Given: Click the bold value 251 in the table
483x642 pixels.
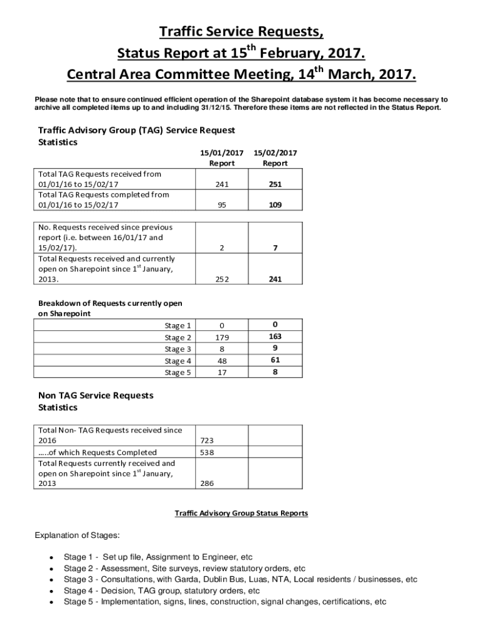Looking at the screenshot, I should (275, 184).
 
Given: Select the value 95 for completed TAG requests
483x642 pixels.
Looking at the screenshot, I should (221, 205).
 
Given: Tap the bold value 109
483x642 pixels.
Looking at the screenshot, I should (275, 205).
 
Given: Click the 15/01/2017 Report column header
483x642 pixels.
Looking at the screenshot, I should (221, 157).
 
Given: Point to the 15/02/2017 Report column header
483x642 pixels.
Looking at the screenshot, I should (275, 157).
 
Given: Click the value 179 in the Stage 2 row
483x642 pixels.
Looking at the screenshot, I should (221, 337).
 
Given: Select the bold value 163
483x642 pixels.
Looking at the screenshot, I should (275, 336).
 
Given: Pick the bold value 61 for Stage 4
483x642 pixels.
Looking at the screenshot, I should (275, 360).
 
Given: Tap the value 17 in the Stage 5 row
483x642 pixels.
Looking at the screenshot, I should (221, 372).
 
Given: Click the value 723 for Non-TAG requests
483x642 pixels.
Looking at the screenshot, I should (208, 441).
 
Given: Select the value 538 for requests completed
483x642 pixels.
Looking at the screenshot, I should (208, 452).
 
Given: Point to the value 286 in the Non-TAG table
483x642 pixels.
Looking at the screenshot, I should (208, 484).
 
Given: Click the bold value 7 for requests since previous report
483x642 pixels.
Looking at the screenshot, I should (275, 248).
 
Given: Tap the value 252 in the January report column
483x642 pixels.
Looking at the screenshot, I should (221, 280).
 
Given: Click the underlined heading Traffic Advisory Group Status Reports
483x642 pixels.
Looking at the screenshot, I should (241, 513).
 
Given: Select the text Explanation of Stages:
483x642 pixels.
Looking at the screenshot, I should (77, 535).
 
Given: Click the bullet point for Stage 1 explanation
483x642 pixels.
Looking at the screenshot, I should (50, 557).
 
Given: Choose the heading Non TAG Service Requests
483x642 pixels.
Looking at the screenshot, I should (95, 396).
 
